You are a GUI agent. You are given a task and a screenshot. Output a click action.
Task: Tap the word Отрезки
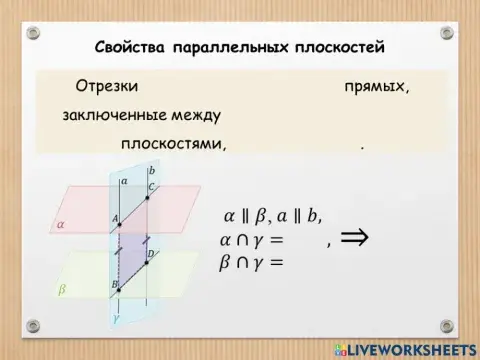click(x=105, y=87)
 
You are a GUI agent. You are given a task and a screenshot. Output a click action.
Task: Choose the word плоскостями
click(x=173, y=143)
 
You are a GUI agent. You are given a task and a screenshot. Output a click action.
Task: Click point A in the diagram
click(x=119, y=225)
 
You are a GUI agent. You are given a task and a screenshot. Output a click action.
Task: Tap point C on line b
click(x=147, y=198)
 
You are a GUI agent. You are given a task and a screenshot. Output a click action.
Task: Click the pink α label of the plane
click(x=61, y=226)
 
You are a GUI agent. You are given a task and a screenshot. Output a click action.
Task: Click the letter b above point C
click(x=152, y=171)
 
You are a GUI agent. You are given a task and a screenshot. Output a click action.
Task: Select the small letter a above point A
click(x=124, y=181)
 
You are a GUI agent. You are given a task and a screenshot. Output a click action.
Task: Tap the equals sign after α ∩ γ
click(x=275, y=240)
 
